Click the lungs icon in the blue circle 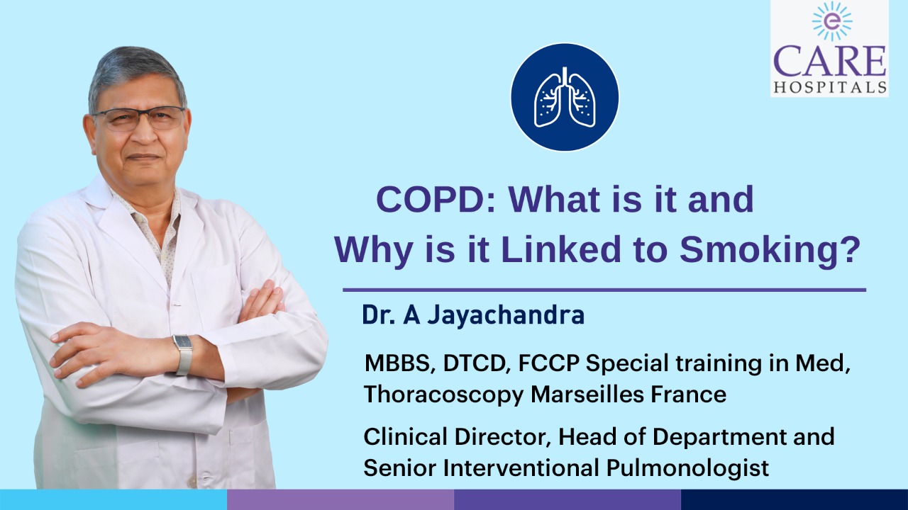[x=565, y=97]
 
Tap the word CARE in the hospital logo [x=830, y=62]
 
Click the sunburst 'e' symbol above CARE [x=832, y=22]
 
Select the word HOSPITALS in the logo [x=830, y=87]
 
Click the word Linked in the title [x=561, y=249]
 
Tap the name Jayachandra [x=506, y=316]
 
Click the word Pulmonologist [x=687, y=468]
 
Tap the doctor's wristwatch [x=183, y=355]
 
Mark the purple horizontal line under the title [x=604, y=290]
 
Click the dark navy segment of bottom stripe [x=794, y=499]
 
